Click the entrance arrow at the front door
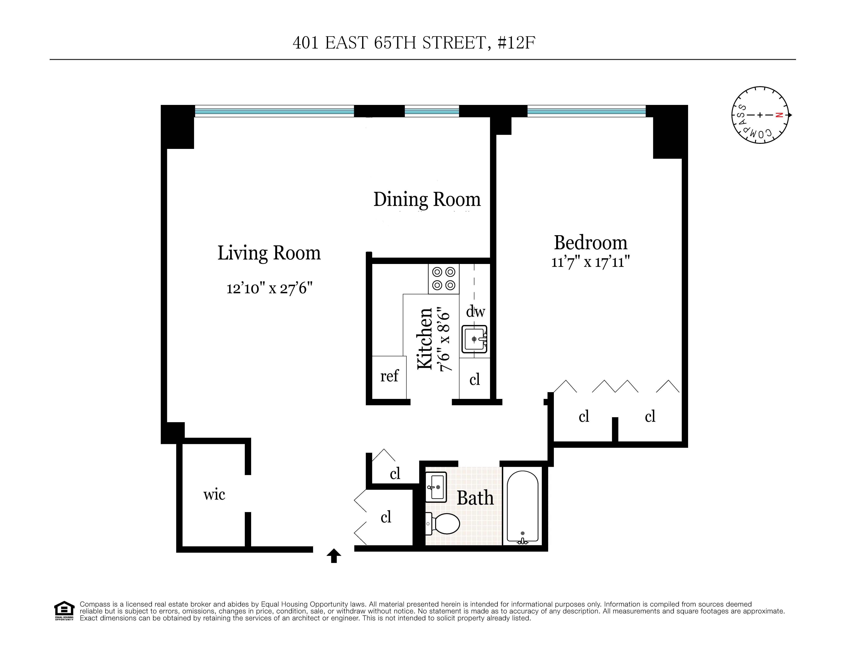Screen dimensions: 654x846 [334, 555]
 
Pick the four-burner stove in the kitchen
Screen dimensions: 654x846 [444, 279]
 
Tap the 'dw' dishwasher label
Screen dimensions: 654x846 [475, 311]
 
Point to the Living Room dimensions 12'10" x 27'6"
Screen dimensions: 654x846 [269, 289]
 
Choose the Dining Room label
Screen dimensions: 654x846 [427, 199]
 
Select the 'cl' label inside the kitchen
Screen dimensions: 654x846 [475, 379]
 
